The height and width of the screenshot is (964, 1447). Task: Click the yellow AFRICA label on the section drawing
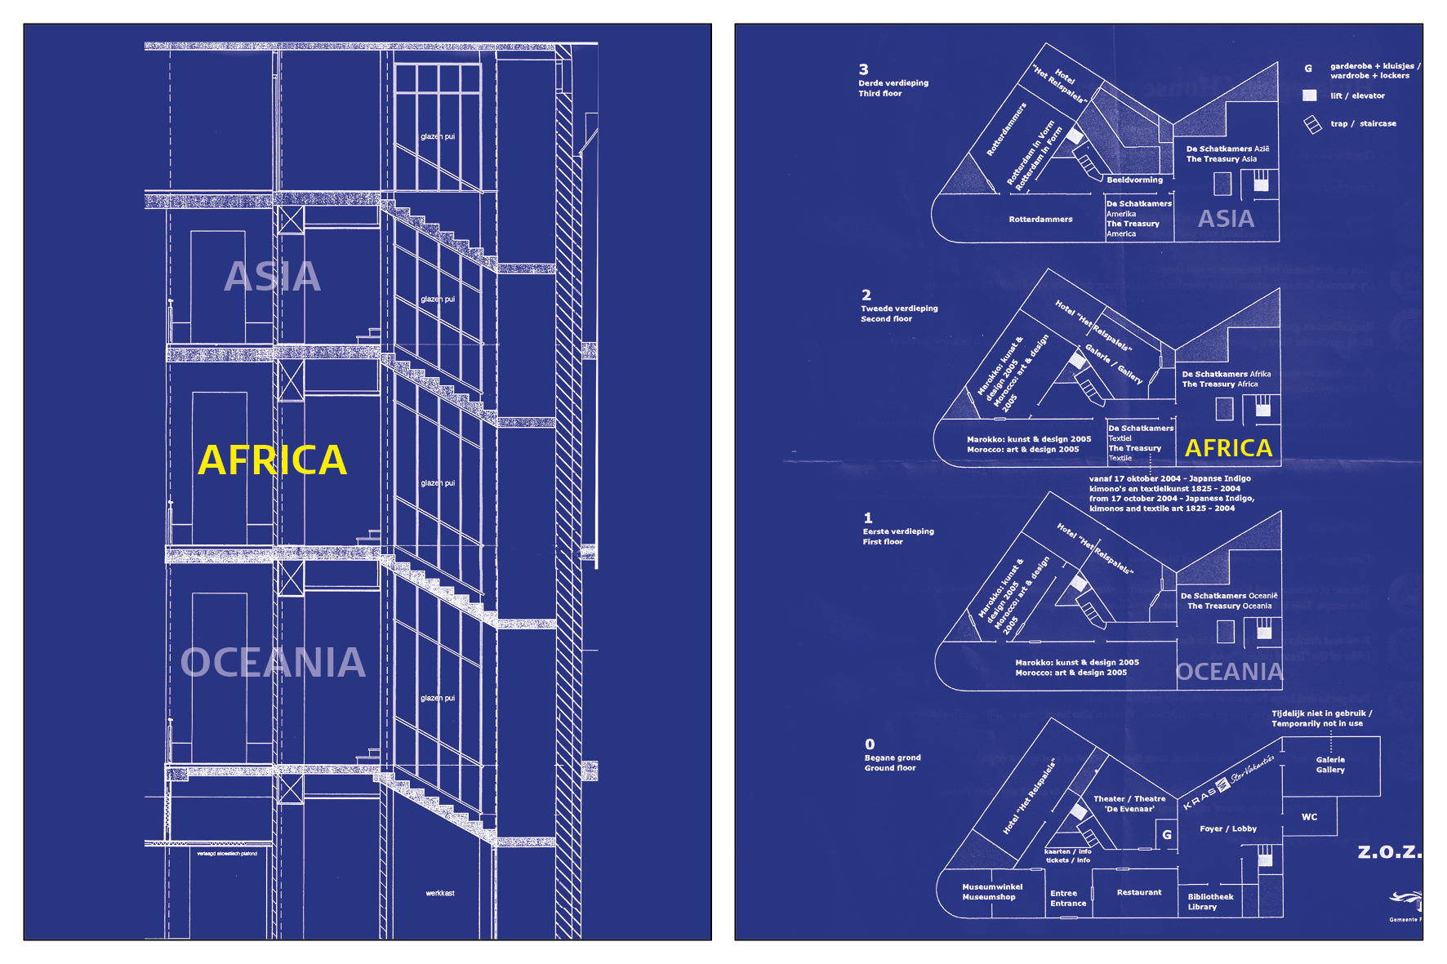(273, 460)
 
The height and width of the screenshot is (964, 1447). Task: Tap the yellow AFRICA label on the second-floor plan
(1228, 448)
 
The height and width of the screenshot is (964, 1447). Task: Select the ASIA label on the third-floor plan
(1226, 219)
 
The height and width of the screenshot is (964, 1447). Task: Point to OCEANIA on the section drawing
(273, 663)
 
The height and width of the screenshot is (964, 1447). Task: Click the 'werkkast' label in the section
(440, 893)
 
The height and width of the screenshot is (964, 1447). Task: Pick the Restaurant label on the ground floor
(1139, 892)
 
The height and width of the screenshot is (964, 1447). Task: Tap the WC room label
(1309, 817)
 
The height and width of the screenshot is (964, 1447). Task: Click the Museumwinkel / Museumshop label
(991, 892)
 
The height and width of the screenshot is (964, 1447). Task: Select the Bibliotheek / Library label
(1210, 902)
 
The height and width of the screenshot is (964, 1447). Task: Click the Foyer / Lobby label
(1228, 829)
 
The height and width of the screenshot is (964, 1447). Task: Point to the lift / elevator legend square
(1309, 96)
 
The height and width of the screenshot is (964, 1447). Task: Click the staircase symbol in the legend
(1312, 124)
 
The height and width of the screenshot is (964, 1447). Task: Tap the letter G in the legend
(1308, 69)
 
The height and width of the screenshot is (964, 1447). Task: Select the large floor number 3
(864, 69)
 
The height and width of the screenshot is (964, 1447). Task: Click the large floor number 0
(870, 744)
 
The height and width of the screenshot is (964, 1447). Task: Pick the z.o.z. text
(1389, 852)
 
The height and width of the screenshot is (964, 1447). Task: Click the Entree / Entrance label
(1068, 899)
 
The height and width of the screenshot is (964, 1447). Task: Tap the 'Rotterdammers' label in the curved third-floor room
(1040, 220)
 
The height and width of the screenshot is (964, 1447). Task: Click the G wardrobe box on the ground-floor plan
(1167, 835)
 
